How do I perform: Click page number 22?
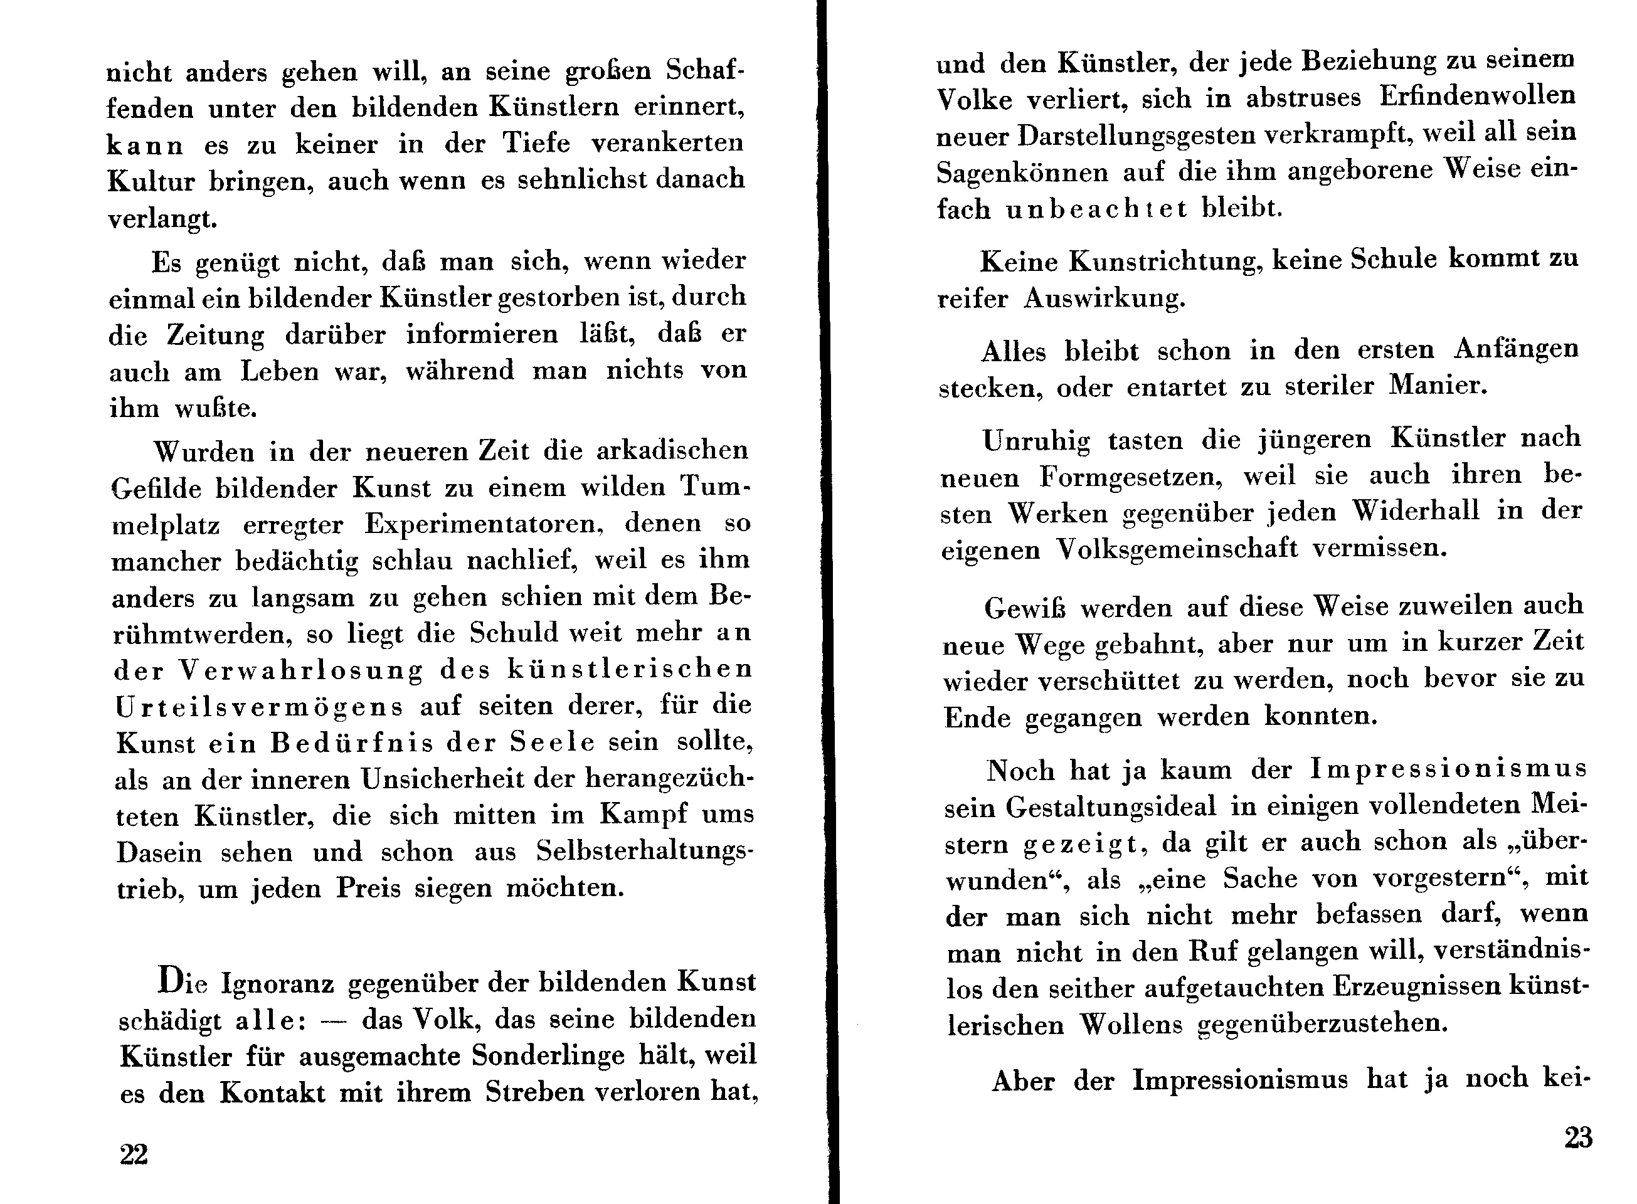click(x=134, y=1154)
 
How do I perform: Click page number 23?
click(x=1578, y=1138)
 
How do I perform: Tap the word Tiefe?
click(x=536, y=143)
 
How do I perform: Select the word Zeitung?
click(x=215, y=335)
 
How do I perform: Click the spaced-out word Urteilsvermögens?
click(x=259, y=707)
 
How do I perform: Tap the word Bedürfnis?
click(x=352, y=742)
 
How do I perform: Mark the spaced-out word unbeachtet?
click(x=1097, y=210)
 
